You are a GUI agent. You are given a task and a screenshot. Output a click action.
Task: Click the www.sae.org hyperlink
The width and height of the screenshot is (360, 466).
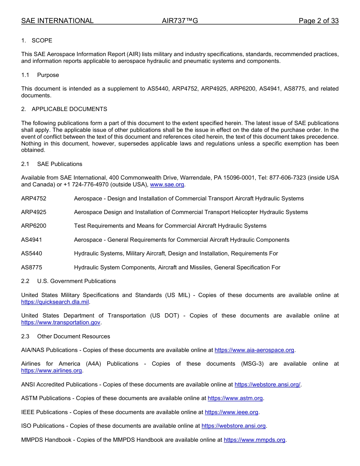tap(167, 185)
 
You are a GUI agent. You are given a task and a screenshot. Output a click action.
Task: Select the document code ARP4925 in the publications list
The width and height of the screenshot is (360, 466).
tap(34, 212)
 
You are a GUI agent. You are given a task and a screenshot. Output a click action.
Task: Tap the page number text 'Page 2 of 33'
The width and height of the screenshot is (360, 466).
tap(318, 21)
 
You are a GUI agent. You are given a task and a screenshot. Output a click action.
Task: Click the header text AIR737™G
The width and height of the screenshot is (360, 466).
tap(180, 21)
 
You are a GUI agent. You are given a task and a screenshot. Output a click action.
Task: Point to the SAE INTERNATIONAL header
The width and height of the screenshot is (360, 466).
tap(57, 21)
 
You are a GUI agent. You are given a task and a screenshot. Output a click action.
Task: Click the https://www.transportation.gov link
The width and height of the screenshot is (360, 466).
tap(61, 322)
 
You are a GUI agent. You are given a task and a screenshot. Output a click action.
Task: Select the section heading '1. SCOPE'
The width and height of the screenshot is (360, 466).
tap(37, 41)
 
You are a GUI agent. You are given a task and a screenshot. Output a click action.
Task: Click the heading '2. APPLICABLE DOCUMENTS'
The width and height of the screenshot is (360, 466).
tap(64, 109)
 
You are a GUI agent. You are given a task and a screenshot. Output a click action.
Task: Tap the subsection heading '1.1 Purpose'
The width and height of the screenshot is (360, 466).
tap(40, 75)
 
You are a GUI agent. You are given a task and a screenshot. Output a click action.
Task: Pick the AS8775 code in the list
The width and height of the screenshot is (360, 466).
tap(32, 267)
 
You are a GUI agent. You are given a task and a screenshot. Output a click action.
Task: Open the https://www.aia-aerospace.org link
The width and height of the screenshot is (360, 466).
tap(254, 350)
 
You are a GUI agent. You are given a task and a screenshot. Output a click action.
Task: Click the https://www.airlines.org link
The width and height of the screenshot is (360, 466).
tap(52, 371)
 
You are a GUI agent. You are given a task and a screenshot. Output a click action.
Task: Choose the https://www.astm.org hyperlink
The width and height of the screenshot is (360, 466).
tap(235, 398)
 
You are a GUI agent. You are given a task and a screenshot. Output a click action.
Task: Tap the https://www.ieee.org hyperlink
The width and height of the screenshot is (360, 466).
tap(232, 412)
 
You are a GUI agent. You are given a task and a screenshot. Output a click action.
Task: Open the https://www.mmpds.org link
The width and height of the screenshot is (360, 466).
tap(254, 439)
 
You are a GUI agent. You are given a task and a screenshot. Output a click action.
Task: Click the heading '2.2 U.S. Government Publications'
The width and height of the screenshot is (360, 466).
tap(69, 281)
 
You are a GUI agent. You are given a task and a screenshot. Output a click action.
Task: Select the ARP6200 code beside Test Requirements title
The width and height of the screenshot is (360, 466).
tap(34, 226)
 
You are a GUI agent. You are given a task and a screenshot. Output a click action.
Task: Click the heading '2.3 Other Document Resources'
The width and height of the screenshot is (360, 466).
tap(66, 336)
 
